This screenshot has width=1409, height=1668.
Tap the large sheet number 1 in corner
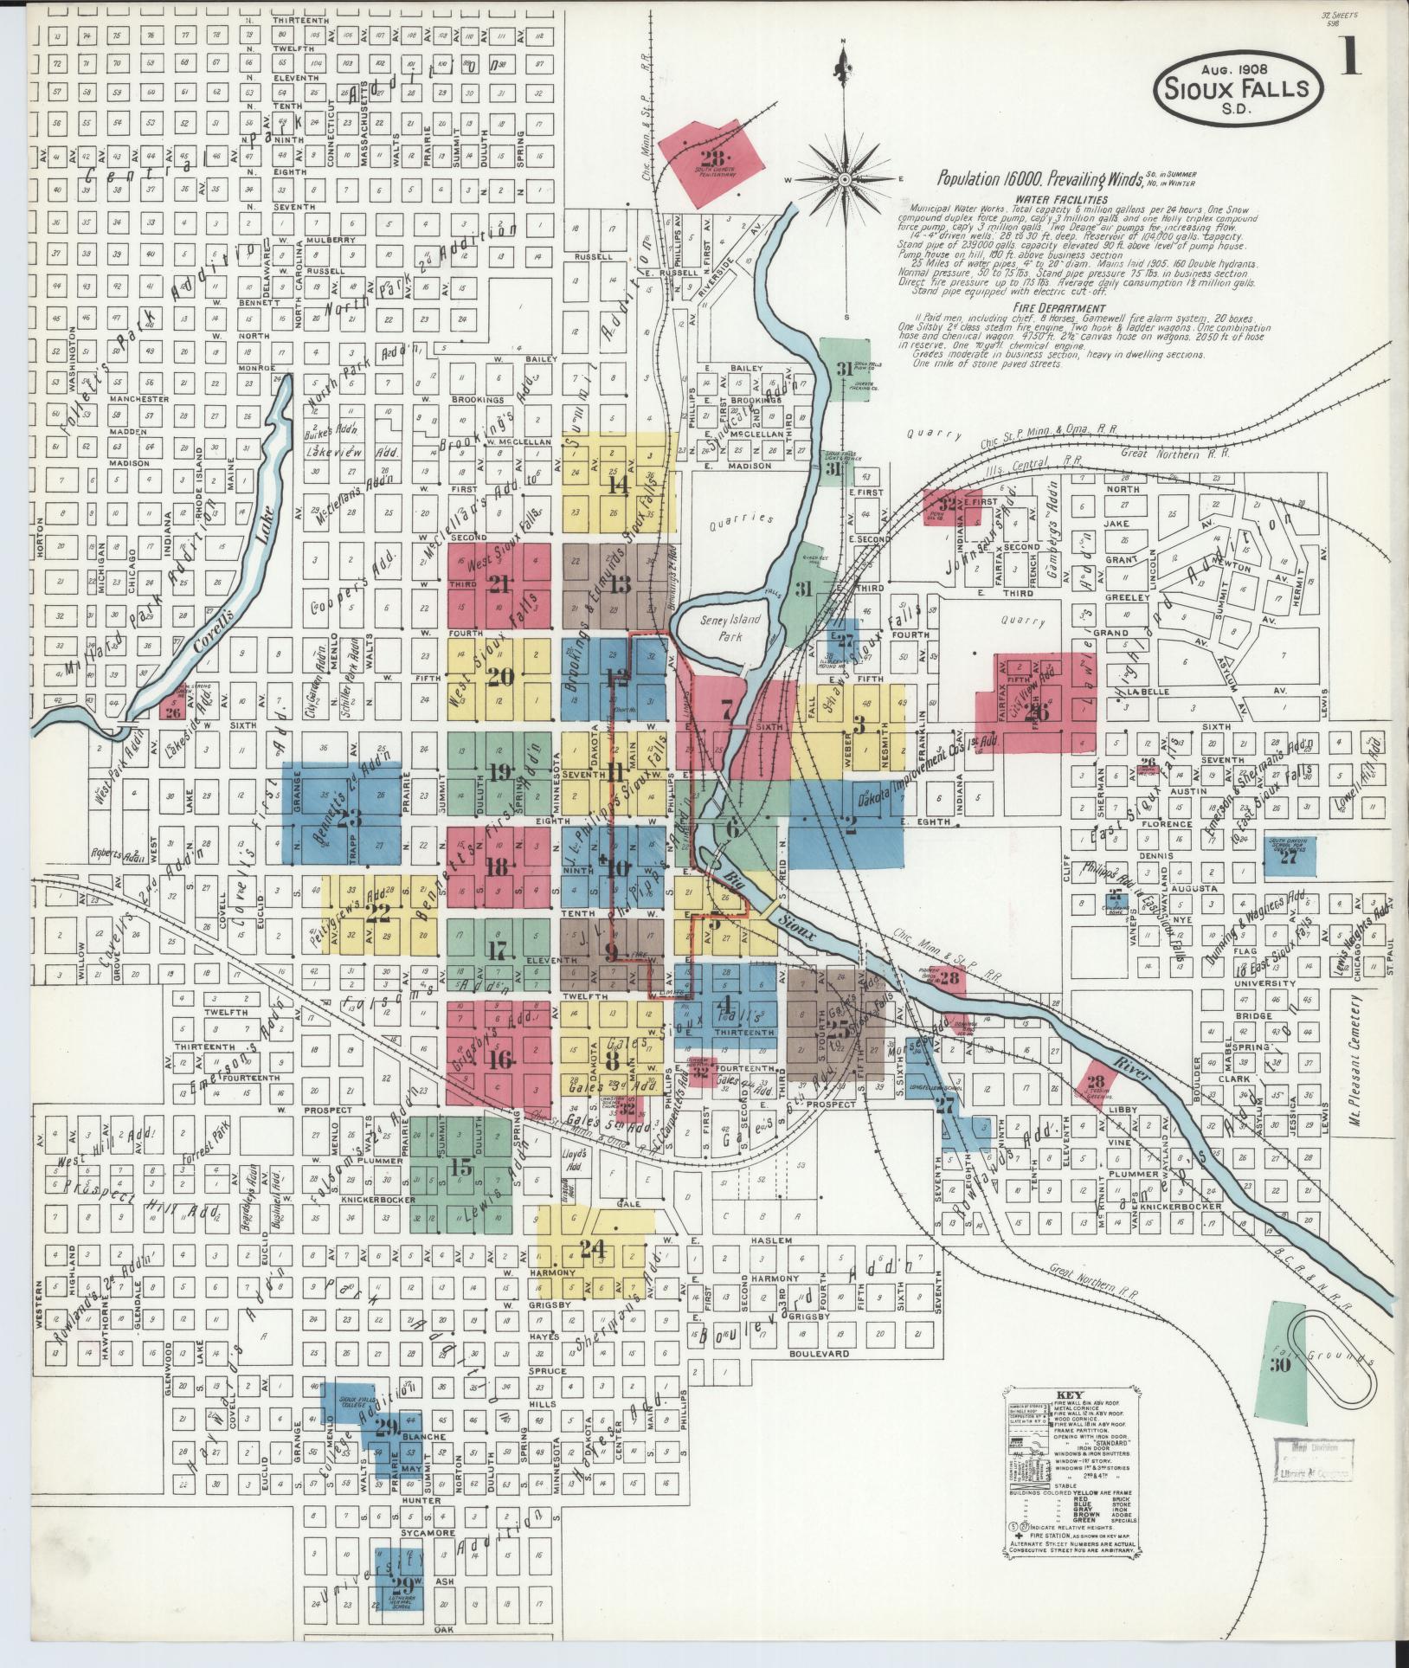1349,60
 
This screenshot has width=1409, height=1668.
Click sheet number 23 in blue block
349,817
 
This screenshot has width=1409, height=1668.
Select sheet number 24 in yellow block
593,1249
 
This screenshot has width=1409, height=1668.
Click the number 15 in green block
461,1169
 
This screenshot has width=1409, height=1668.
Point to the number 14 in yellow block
617,485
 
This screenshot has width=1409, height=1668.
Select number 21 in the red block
498,584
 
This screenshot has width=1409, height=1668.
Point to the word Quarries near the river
740,518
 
